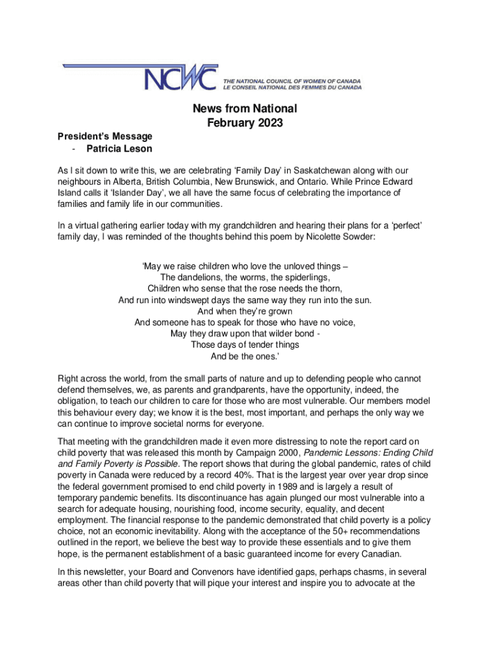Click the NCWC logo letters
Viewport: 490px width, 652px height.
[x=181, y=78]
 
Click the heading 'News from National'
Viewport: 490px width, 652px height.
[x=245, y=109]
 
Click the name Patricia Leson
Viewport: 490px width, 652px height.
[x=119, y=150]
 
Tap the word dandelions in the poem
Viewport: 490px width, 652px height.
[x=202, y=278]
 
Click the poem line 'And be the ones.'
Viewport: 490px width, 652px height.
[x=245, y=356]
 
